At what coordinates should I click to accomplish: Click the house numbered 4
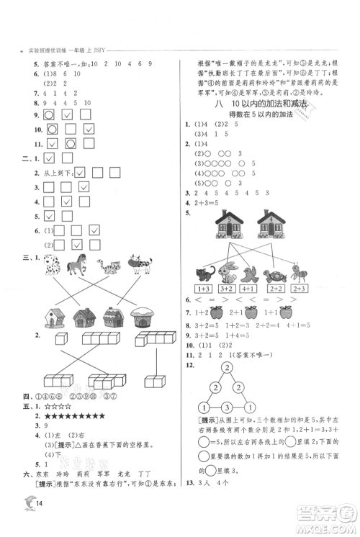pyautogui.click(x=271, y=225)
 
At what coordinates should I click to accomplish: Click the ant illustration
pyautogui.click(x=301, y=274)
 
